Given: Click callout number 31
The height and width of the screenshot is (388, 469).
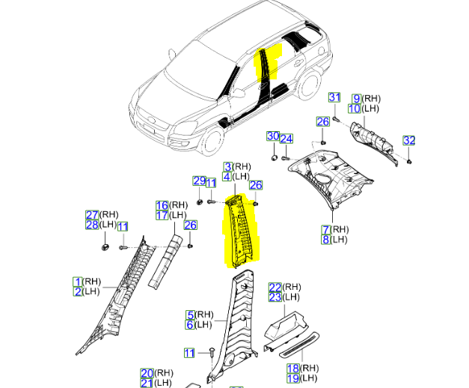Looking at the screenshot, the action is click(334, 97).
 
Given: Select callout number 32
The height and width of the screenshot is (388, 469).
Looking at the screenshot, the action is click(409, 140).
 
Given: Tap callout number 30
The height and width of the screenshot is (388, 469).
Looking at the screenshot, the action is click(273, 136).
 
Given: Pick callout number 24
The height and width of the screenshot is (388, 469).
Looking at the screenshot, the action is click(286, 139).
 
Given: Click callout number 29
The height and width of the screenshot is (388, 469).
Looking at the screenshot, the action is click(199, 181).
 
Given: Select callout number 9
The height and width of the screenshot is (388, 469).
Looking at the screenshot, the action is click(357, 99).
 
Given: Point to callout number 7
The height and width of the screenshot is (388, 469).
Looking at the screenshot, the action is click(325, 230).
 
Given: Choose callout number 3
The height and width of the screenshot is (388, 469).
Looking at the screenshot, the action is click(228, 166).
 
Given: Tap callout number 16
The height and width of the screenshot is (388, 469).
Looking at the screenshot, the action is click(162, 205).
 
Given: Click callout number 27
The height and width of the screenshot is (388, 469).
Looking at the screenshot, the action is click(92, 215).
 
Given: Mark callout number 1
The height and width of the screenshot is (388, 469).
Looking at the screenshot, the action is click(78, 282).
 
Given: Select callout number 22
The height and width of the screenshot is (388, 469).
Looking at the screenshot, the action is click(275, 288).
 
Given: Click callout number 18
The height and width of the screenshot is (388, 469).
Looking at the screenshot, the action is click(293, 369).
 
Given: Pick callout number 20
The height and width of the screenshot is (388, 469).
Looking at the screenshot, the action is click(147, 373).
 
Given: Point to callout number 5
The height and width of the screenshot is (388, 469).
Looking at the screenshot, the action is click(190, 315).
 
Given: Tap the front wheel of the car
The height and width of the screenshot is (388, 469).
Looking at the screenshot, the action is click(212, 142).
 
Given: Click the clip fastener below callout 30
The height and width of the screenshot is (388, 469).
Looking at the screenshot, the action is click(274, 158).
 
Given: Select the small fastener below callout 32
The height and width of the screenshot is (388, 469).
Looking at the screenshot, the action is click(409, 162).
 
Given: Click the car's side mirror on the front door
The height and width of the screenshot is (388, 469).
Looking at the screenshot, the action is click(238, 93).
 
